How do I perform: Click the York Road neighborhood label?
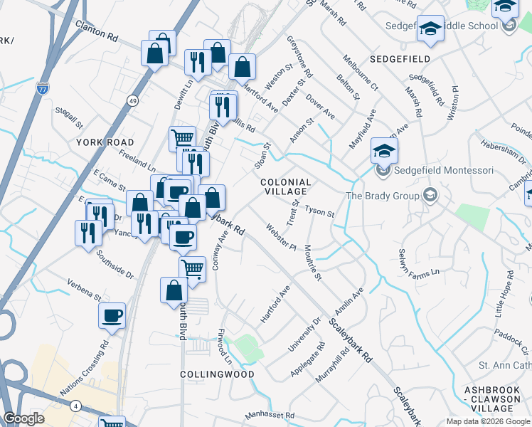pyautogui.click(x=100, y=142)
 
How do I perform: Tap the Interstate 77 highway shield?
pyautogui.click(x=43, y=88)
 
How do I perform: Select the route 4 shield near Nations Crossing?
pyautogui.click(x=75, y=406)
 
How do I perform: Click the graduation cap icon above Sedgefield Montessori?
pyautogui.click(x=384, y=151)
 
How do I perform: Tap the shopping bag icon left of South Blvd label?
pyautogui.click(x=174, y=290)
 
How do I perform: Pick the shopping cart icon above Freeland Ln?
pyautogui.click(x=182, y=137)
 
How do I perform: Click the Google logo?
pyautogui.click(x=23, y=418)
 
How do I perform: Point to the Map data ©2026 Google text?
pyautogui.click(x=487, y=421)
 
